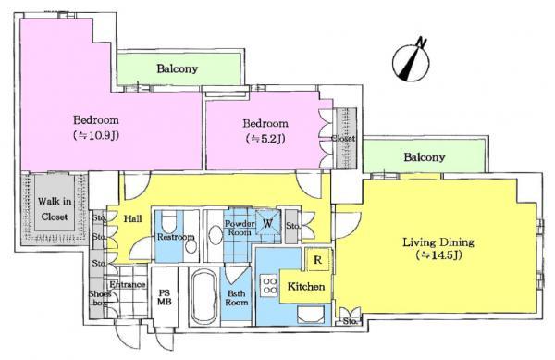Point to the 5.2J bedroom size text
pos(265,140)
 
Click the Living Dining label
pos(438,242)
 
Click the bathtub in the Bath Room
pos(203,294)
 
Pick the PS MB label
pos(166,295)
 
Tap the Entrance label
pos(129,284)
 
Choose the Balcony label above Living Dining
pos(424,157)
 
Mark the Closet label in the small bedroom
pos(341,139)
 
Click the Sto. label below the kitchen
pos(350,322)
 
